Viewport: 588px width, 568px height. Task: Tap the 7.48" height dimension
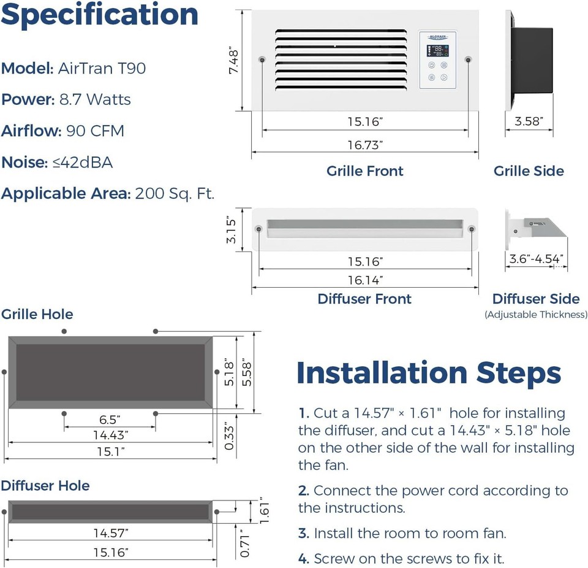[233, 61]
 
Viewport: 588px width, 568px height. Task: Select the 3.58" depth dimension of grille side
[529, 121]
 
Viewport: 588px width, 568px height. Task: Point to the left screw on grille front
[262, 59]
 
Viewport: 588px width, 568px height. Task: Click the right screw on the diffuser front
[472, 229]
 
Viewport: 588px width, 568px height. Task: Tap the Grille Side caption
[529, 171]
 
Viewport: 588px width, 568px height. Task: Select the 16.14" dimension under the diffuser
[364, 280]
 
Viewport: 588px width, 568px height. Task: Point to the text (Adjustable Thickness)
[535, 315]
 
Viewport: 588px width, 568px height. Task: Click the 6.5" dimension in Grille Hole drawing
[110, 420]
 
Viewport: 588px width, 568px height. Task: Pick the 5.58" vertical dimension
[247, 371]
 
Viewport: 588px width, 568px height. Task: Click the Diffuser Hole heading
[45, 486]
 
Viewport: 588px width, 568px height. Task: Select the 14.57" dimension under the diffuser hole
[110, 532]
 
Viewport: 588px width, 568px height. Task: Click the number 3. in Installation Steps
[304, 534]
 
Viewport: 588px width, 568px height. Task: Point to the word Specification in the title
[100, 15]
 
